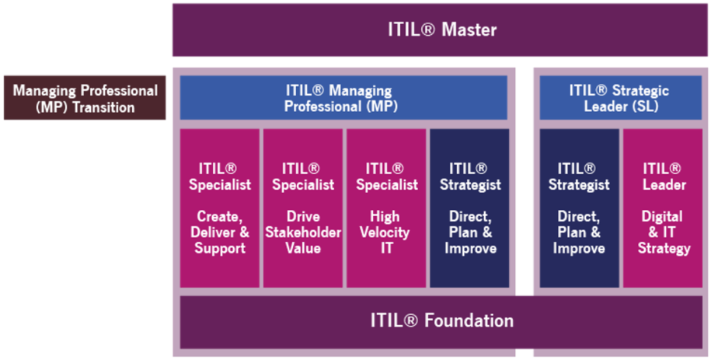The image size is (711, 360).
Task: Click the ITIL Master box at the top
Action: click(x=441, y=30)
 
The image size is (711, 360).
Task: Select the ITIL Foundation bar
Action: click(x=441, y=321)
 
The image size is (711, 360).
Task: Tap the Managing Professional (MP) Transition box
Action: click(x=85, y=99)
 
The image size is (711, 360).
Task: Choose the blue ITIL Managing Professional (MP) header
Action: click(x=343, y=99)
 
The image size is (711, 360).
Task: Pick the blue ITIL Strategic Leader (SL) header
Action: click(x=620, y=99)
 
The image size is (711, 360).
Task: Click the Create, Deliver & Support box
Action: click(x=220, y=208)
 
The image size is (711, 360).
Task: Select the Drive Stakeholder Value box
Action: click(x=302, y=208)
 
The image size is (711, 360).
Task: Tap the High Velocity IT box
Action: click(x=386, y=208)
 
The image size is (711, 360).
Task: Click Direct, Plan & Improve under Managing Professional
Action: click(x=469, y=208)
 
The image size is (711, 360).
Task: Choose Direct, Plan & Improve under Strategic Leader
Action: click(x=579, y=208)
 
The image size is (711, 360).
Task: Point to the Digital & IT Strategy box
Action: click(x=663, y=208)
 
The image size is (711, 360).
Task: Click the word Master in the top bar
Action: click(x=469, y=30)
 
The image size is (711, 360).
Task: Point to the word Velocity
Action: click(x=386, y=232)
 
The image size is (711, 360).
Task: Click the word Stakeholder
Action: click(x=302, y=232)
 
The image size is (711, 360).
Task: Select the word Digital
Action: click(x=663, y=216)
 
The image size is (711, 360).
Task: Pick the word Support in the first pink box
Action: click(x=220, y=249)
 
